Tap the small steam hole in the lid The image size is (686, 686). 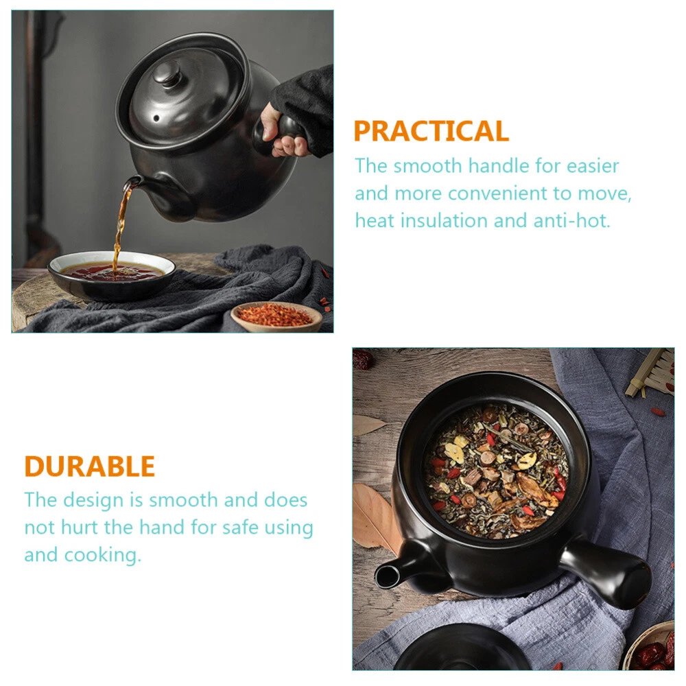(156, 118)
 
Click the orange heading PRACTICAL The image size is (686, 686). (431, 131)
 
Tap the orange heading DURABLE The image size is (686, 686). (90, 466)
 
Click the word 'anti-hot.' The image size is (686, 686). (571, 220)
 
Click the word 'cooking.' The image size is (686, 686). (102, 556)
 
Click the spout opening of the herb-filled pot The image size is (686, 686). (386, 576)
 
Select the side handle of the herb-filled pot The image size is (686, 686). (608, 573)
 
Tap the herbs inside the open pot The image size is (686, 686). (496, 472)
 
